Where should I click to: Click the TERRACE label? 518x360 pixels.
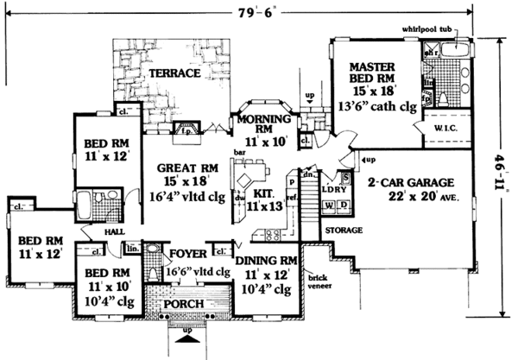point(174,74)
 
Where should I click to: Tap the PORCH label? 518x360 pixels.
point(185,305)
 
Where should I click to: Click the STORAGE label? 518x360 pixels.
point(344,231)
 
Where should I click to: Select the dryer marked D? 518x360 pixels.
point(343,206)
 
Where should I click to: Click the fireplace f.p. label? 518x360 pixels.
point(182,134)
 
